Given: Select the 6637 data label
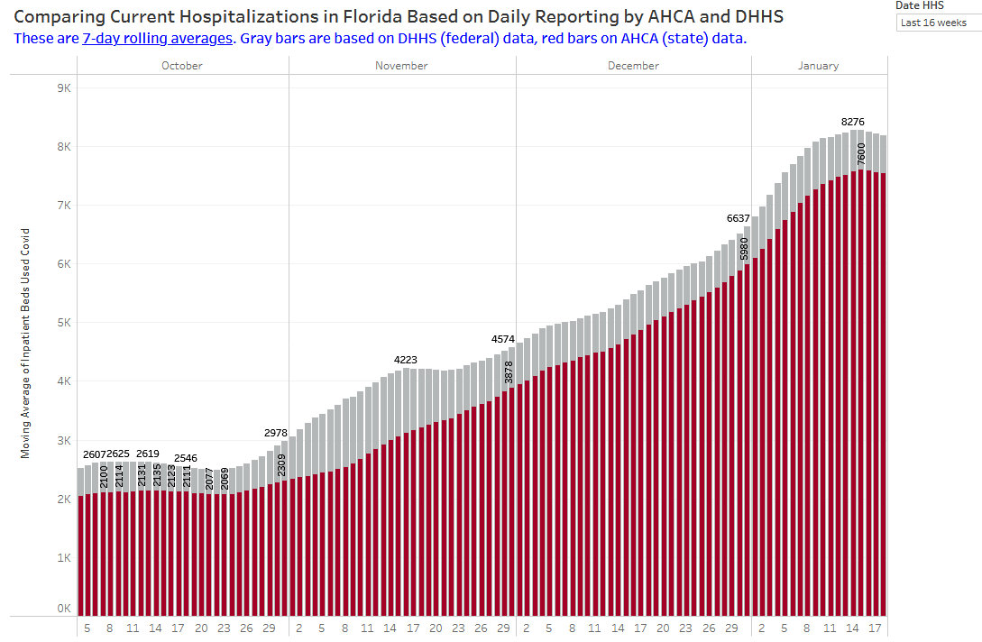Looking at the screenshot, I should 739,218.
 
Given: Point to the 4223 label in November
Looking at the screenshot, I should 406,360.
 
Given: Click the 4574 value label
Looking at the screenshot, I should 503,339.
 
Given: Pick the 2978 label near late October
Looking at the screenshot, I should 276,433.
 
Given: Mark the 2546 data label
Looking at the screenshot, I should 186,458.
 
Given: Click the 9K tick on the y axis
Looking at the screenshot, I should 64,88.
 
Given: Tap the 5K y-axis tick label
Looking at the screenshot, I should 64,323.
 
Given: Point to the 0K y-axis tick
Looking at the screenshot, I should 64,609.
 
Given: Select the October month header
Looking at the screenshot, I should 182,66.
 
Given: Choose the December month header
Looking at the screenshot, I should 633,66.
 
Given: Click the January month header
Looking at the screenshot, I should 818,66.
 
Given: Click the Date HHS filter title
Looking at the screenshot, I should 920,5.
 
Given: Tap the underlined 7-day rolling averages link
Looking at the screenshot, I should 157,39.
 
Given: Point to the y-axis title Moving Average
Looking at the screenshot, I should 25,343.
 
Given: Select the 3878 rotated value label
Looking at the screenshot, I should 509,372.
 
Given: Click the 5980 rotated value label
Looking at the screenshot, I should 744,249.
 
